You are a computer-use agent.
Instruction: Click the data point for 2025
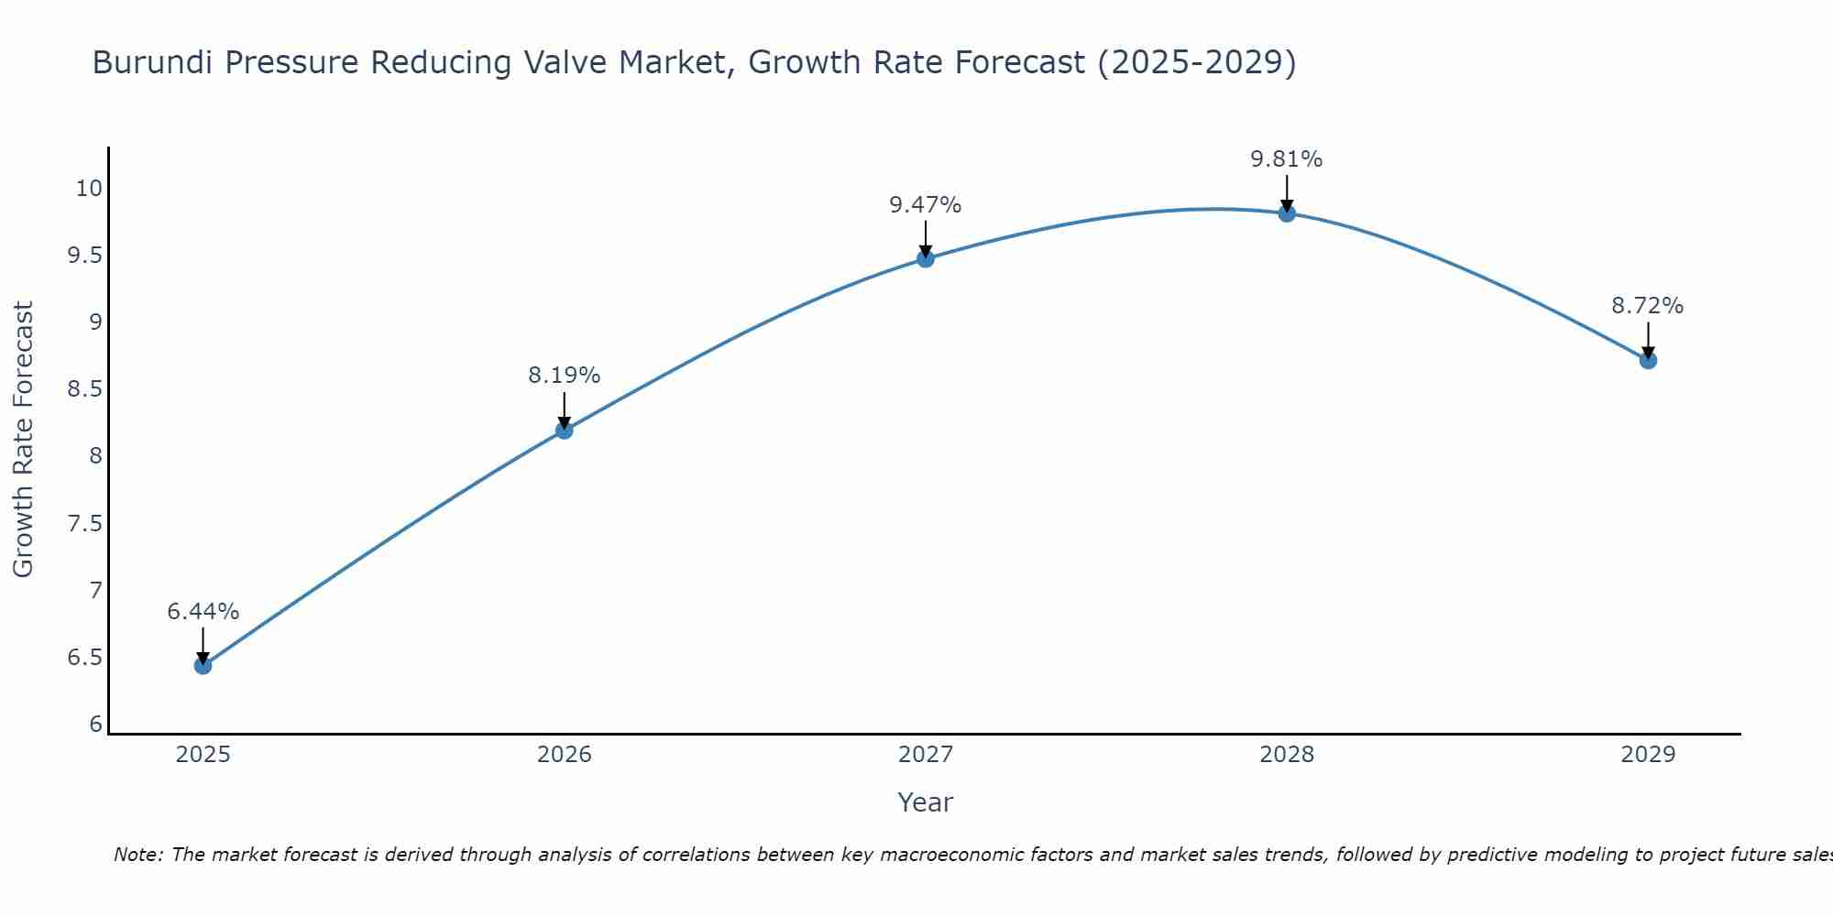click(x=203, y=665)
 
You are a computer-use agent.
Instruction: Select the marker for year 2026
click(x=564, y=430)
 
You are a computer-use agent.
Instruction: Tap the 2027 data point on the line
click(x=925, y=258)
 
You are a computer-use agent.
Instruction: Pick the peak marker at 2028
click(x=1286, y=213)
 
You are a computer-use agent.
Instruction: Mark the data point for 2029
click(x=1647, y=360)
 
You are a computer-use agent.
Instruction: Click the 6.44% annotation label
click(x=203, y=612)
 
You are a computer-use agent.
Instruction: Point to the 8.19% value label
click(x=564, y=376)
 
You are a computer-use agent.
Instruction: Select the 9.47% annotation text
click(x=925, y=205)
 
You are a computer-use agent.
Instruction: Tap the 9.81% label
click(x=1286, y=159)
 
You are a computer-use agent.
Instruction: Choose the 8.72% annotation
click(x=1647, y=306)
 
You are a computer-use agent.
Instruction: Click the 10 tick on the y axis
click(x=88, y=189)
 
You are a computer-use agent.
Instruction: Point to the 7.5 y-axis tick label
click(x=84, y=524)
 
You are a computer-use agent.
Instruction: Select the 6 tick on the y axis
click(x=95, y=725)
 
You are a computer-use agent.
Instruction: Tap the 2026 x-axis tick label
click(x=564, y=755)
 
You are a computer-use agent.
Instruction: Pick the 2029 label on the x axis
click(x=1647, y=755)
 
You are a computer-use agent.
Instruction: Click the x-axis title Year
click(x=925, y=802)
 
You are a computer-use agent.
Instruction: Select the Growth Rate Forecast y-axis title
click(x=23, y=440)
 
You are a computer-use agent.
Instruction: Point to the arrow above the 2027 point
click(x=925, y=238)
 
